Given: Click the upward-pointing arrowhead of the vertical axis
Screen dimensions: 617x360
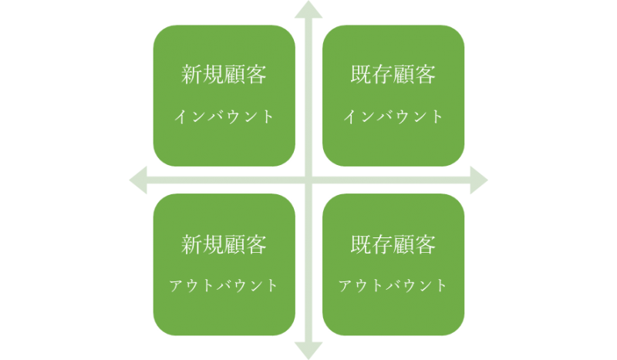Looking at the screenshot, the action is pyautogui.click(x=308, y=10).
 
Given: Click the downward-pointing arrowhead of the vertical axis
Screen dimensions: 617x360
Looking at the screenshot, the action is pyautogui.click(x=308, y=351).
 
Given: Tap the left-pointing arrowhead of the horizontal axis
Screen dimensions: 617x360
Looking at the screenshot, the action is pyautogui.click(x=138, y=180).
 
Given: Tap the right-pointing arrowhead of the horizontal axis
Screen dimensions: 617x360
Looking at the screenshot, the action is pyautogui.click(x=479, y=180).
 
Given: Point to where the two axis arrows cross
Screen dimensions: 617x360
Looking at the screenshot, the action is pyautogui.click(x=308, y=180).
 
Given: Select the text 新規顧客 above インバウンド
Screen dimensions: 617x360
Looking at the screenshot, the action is pyautogui.click(x=224, y=74).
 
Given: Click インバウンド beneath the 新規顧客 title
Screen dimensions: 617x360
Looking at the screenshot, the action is pyautogui.click(x=224, y=117).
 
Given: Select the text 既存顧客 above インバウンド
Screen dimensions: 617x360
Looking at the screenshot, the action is pyautogui.click(x=393, y=74).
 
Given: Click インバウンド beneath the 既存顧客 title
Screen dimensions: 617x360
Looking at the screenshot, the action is pyautogui.click(x=393, y=117).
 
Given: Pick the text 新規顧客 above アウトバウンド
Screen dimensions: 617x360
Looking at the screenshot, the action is pyautogui.click(x=224, y=244).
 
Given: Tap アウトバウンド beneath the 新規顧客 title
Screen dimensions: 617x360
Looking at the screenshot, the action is pyautogui.click(x=224, y=286).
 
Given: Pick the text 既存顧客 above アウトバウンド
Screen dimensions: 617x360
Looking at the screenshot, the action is pyautogui.click(x=393, y=244).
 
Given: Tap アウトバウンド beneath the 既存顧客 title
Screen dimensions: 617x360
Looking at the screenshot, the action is pyautogui.click(x=393, y=286).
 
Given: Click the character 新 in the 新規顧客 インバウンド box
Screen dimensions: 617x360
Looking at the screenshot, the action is pyautogui.click(x=191, y=74).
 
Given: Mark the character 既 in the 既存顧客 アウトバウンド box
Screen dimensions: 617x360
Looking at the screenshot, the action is pyautogui.click(x=361, y=244).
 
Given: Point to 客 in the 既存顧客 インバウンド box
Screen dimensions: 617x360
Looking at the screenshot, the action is pyautogui.click(x=426, y=74).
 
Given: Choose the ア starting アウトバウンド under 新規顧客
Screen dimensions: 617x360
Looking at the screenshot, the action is pyautogui.click(x=177, y=286).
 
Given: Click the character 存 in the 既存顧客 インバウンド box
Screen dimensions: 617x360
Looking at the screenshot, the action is pyautogui.click(x=382, y=74).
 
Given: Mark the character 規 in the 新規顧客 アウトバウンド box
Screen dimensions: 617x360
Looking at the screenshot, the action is pyautogui.click(x=213, y=244).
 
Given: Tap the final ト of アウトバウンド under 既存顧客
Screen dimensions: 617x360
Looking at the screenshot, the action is pyautogui.click(x=442, y=286).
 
